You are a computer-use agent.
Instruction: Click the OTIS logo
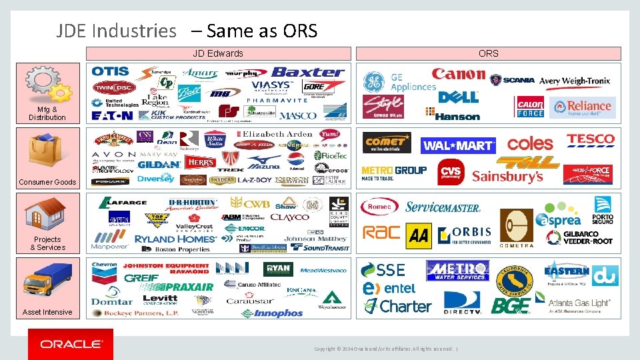coord(111,71)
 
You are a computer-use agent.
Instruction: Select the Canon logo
coord(458,75)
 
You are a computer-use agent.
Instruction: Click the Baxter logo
coord(308,72)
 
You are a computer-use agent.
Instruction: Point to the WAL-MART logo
coord(459,145)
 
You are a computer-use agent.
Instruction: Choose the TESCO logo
coord(590,140)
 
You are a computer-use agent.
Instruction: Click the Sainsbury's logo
coord(507,177)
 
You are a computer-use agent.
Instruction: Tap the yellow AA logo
coord(418,234)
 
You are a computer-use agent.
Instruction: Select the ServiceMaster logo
coord(443,207)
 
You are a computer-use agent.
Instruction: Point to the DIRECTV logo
coord(462,303)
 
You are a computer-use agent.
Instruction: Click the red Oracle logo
coord(71,344)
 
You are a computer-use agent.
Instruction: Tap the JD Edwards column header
coord(218,53)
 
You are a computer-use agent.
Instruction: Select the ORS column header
coord(488,53)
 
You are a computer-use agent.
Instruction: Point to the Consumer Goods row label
coord(47,182)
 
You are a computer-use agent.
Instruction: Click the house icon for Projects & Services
coord(45,213)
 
